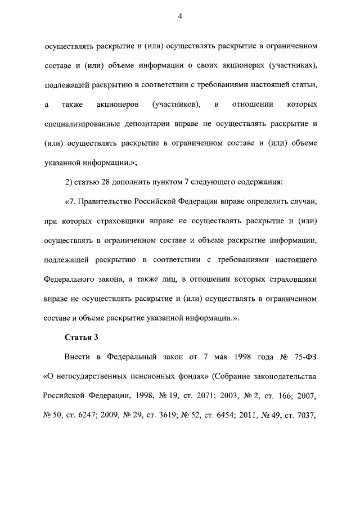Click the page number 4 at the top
click(x=179, y=17)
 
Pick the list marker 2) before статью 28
click(x=70, y=182)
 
